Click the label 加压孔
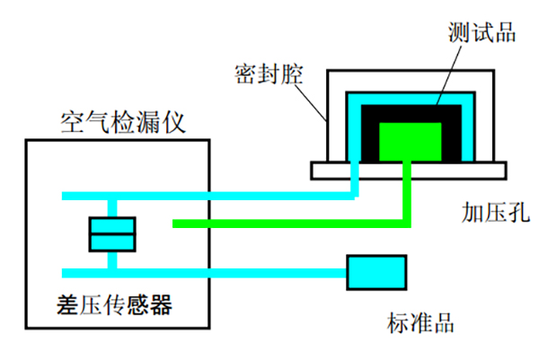(x=496, y=212)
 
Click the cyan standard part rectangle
(x=376, y=272)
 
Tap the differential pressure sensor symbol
(x=111, y=234)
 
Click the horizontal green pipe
(x=287, y=224)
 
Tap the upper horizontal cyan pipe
(x=225, y=196)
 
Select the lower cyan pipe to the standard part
(x=225, y=272)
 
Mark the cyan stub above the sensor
(x=111, y=206)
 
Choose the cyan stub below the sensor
(x=111, y=261)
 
